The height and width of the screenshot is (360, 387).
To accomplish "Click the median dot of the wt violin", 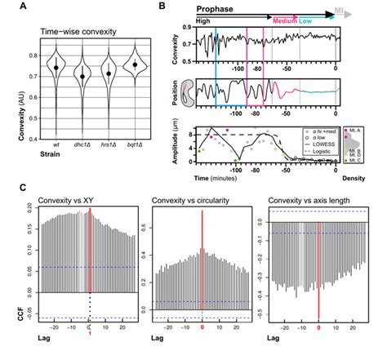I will point(56,68).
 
